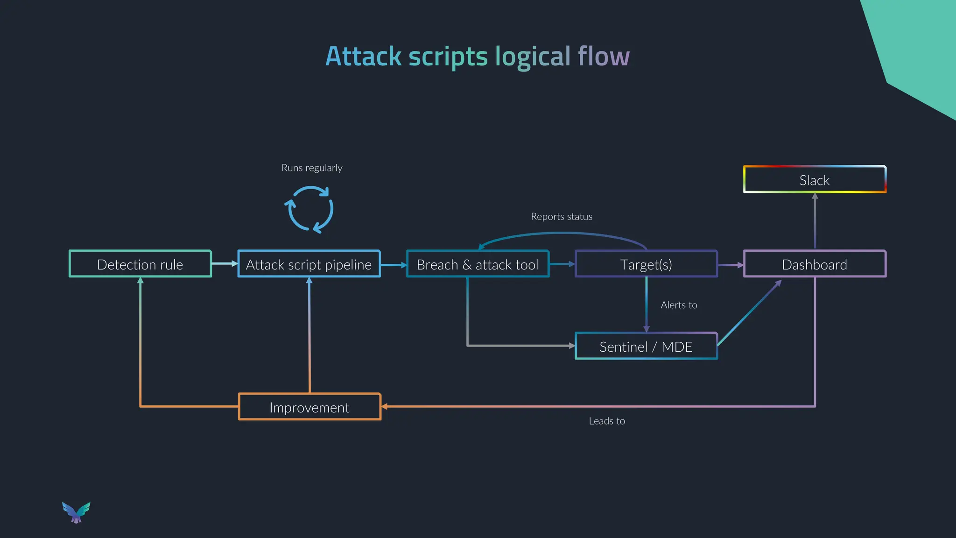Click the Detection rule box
(x=140, y=264)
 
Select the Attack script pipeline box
(x=309, y=264)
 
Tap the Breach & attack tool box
(x=478, y=264)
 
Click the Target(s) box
(x=646, y=264)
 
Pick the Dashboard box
(x=815, y=264)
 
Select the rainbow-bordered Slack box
(x=815, y=180)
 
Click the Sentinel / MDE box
(x=646, y=347)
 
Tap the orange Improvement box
(x=309, y=407)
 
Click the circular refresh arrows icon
(x=309, y=209)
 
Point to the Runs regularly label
(x=312, y=168)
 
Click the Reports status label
(x=562, y=217)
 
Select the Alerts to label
(x=679, y=305)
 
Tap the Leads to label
(x=607, y=421)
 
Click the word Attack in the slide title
(x=363, y=57)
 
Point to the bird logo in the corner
(x=76, y=512)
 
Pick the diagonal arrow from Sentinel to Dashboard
(x=749, y=313)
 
